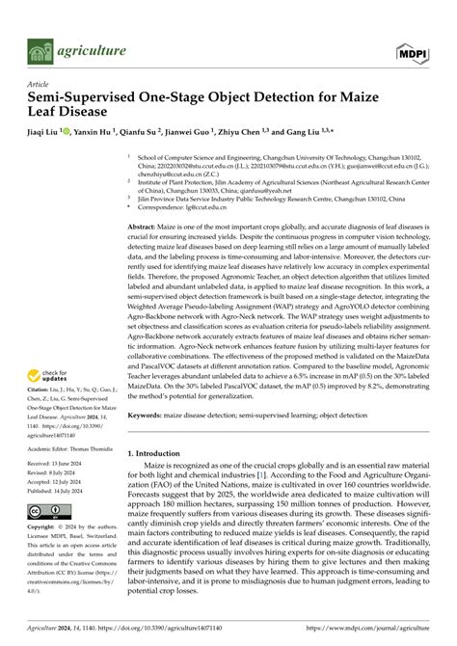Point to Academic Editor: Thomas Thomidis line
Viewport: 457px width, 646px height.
tap(70, 449)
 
